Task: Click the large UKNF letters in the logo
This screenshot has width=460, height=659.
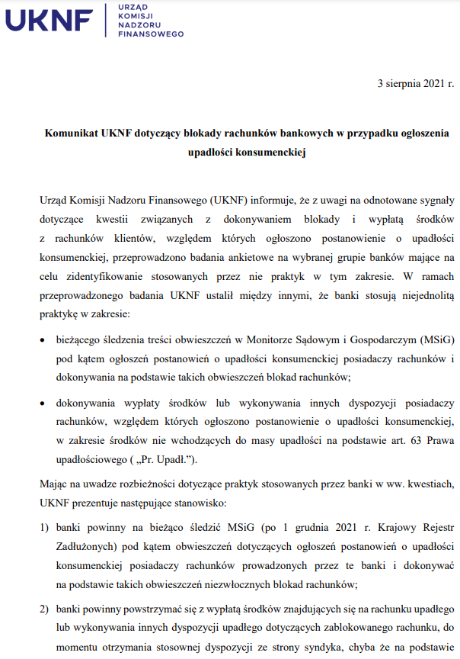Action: point(50,21)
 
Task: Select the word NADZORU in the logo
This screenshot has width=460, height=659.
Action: point(139,24)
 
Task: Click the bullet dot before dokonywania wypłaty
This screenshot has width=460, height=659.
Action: point(43,403)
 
